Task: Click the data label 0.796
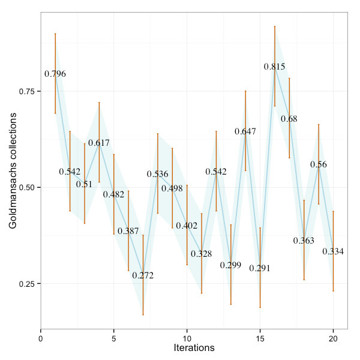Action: point(55,74)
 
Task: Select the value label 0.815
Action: point(275,67)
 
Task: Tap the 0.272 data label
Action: point(143,276)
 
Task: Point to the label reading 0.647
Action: point(245,131)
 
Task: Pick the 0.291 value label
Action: point(260,268)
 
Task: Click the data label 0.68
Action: point(289,119)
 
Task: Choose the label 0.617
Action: point(99,143)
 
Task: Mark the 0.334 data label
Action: point(333,251)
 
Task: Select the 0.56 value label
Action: point(319,164)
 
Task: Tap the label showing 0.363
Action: point(304,241)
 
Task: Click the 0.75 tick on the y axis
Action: point(28,91)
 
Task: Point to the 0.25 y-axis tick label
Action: point(28,284)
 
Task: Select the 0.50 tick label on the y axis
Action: point(28,187)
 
